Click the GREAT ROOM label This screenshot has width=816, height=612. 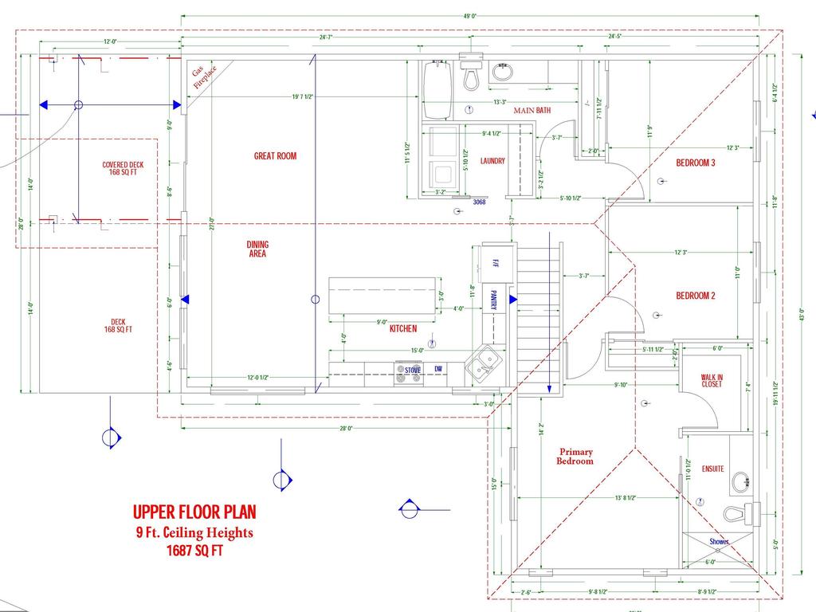pyautogui.click(x=275, y=156)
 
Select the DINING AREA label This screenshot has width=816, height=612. pyautogui.click(x=257, y=249)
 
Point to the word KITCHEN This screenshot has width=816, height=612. pyautogui.click(x=402, y=328)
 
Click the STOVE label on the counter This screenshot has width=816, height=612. pyautogui.click(x=412, y=371)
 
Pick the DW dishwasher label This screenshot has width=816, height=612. pyautogui.click(x=437, y=369)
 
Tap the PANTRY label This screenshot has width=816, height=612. pyautogui.click(x=493, y=300)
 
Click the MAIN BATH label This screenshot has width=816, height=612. pyautogui.click(x=532, y=111)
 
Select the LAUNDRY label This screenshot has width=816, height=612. pyautogui.click(x=492, y=161)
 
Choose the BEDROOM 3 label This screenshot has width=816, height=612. pyautogui.click(x=696, y=163)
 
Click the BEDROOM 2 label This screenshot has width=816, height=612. pyautogui.click(x=696, y=296)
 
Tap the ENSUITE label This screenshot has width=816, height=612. pyautogui.click(x=712, y=469)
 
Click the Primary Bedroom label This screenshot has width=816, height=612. pyautogui.click(x=575, y=456)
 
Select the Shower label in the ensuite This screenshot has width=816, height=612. pyautogui.click(x=720, y=542)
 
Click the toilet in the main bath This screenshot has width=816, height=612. pyautogui.click(x=471, y=73)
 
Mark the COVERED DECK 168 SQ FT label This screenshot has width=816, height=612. pyautogui.click(x=124, y=168)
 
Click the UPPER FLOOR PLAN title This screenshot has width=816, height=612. pyautogui.click(x=194, y=512)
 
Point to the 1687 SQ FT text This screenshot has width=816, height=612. pyautogui.click(x=194, y=551)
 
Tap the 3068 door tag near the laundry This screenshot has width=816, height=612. pyautogui.click(x=479, y=202)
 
